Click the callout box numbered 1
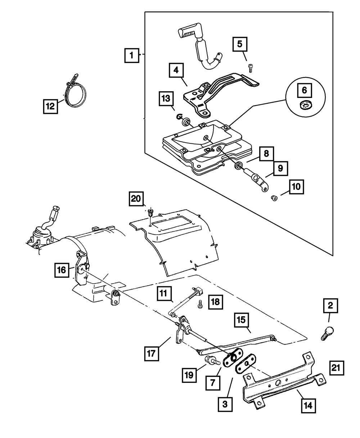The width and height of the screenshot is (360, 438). tap(132, 55)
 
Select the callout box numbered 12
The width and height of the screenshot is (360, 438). tap(50, 106)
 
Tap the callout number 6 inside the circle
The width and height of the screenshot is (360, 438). tap(304, 90)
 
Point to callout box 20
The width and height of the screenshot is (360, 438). tap(136, 199)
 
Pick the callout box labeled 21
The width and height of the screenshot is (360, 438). tap(336, 368)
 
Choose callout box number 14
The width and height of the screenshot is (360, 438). tap(308, 406)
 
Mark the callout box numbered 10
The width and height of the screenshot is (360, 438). tap(297, 187)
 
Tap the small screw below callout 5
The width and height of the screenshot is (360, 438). tap(250, 68)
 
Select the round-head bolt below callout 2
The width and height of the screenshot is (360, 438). tap(327, 335)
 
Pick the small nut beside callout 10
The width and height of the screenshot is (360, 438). tap(274, 198)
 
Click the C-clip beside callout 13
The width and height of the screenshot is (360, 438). tap(179, 117)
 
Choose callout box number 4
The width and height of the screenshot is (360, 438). tap(176, 70)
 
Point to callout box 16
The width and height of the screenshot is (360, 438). tap(62, 270)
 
